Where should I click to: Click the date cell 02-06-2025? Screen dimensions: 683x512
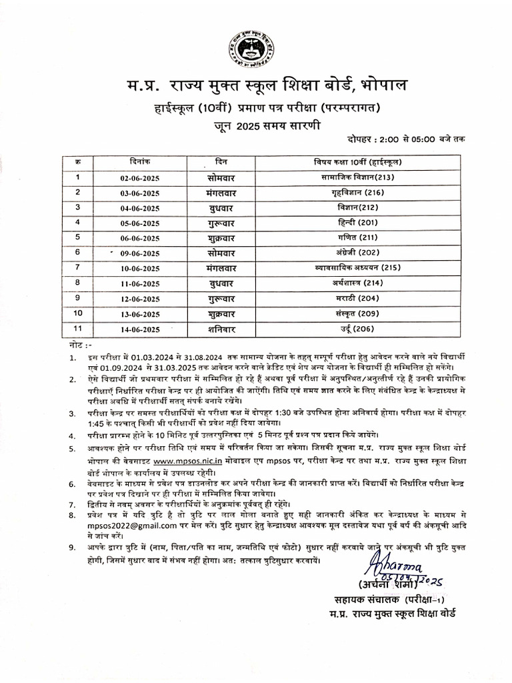(x=139, y=178)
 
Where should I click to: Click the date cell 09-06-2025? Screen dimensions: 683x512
(x=139, y=253)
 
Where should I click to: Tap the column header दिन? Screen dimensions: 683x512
(x=223, y=162)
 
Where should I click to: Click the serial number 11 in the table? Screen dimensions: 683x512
(x=78, y=328)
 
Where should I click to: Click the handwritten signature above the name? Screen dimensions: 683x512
(x=387, y=570)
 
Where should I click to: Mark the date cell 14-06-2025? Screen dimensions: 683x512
(x=139, y=329)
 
